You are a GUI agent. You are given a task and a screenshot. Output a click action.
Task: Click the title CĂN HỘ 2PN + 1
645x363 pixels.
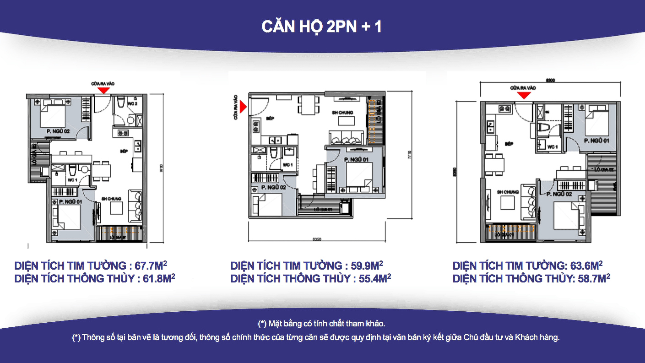321,27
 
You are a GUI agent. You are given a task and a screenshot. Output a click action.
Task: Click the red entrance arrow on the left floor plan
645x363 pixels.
104,91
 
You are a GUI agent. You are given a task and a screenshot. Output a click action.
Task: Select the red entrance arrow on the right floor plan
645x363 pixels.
524,95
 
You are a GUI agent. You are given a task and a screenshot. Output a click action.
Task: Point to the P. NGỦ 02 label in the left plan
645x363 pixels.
57,131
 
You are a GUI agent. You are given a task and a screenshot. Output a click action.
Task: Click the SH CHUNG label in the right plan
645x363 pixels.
508,192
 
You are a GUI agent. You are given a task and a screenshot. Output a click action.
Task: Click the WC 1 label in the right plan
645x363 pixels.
553,147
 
